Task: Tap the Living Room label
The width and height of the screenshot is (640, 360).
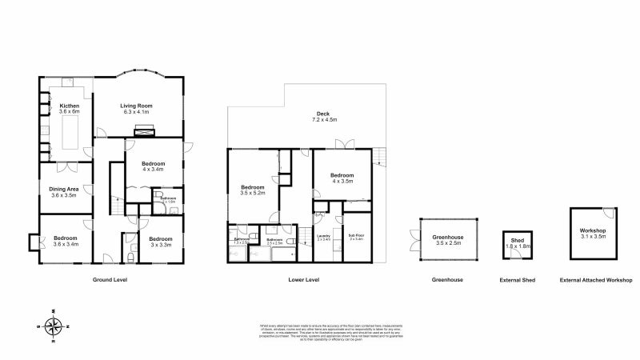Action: pyautogui.click(x=136, y=108)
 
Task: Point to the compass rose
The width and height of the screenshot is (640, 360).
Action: pyautogui.click(x=54, y=326)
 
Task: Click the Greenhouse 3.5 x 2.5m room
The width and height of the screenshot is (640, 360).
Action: pyautogui.click(x=447, y=238)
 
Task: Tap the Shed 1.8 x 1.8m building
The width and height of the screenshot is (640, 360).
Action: pyautogui.click(x=517, y=244)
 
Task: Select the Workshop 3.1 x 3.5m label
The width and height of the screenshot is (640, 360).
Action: pyautogui.click(x=592, y=234)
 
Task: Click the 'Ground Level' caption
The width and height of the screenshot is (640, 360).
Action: pyautogui.click(x=110, y=280)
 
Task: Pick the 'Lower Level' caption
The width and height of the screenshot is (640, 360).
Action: pyautogui.click(x=304, y=280)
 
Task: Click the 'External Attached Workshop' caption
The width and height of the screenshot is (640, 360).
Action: pyautogui.click(x=596, y=280)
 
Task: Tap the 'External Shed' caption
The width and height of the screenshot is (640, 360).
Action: pyautogui.click(x=518, y=280)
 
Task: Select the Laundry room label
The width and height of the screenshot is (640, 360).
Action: pyautogui.click(x=323, y=238)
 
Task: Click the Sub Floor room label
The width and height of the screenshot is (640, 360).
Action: pyautogui.click(x=356, y=237)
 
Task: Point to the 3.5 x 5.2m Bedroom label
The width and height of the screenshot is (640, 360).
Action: pyautogui.click(x=253, y=190)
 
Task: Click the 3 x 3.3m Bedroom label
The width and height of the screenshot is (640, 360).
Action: pyautogui.click(x=160, y=241)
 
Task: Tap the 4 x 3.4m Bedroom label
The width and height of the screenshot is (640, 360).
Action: pyautogui.click(x=153, y=166)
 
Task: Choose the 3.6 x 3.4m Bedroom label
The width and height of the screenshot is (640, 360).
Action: pyautogui.click(x=66, y=241)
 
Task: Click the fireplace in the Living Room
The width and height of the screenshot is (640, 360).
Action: pyautogui.click(x=144, y=131)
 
